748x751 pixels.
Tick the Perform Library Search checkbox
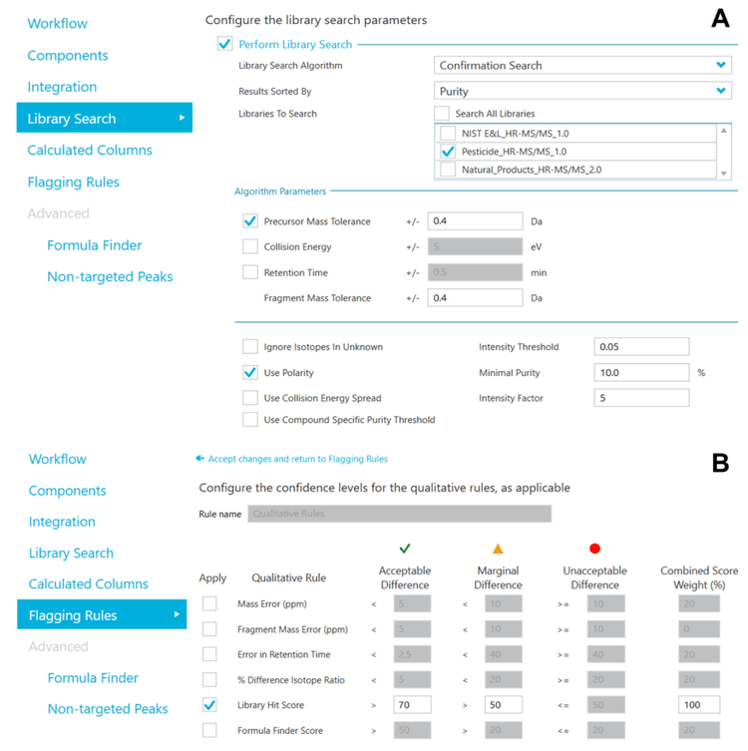coord(224,44)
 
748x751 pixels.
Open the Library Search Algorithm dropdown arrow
coord(720,66)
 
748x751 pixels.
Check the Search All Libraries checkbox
coord(442,114)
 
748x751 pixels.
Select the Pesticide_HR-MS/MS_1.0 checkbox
coord(449,152)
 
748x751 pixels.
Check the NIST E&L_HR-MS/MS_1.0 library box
coord(449,134)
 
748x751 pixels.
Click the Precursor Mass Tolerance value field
coord(475,221)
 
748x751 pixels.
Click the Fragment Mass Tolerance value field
coord(475,298)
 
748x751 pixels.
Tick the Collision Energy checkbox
coord(250,247)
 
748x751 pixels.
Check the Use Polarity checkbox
coord(250,373)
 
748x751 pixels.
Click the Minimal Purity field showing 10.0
coord(641,373)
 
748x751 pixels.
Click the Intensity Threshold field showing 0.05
coord(641,347)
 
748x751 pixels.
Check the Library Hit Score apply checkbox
coord(209,705)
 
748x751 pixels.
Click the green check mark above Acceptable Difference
coord(404,549)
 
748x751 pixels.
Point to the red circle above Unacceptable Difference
coord(595,549)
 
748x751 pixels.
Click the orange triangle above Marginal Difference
coord(498,549)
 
